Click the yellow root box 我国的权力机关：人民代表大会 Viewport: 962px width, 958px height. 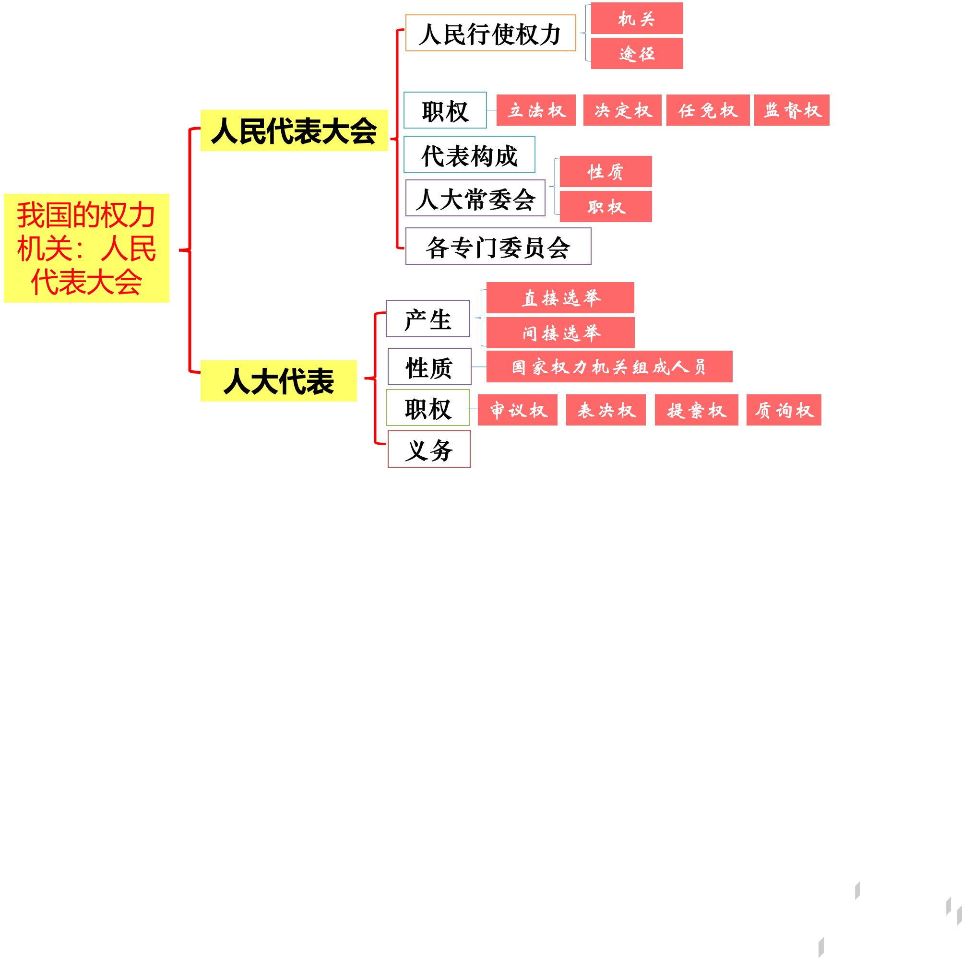[x=86, y=248]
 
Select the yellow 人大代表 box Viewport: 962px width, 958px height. [x=278, y=381]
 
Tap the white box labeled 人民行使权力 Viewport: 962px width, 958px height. [x=490, y=34]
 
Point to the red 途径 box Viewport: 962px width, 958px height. [x=636, y=53]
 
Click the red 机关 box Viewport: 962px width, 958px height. [x=636, y=18]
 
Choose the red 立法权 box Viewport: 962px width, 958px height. [x=536, y=110]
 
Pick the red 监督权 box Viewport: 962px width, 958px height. [x=791, y=110]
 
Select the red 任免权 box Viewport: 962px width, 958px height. [x=708, y=110]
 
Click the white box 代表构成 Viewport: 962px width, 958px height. [x=469, y=155]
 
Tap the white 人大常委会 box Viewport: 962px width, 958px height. [x=475, y=198]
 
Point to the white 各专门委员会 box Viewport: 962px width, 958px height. [x=498, y=247]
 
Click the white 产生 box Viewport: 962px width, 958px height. [x=428, y=319]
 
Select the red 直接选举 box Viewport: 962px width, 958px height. [x=560, y=298]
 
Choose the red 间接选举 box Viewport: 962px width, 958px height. [x=560, y=332]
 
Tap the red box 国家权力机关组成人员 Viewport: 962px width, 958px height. [x=609, y=367]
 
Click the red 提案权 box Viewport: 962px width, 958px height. [x=696, y=410]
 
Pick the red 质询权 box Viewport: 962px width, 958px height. [x=783, y=410]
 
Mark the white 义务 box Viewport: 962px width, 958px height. [x=429, y=449]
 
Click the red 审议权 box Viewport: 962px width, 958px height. [x=517, y=410]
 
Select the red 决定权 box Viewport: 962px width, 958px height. [x=622, y=110]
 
